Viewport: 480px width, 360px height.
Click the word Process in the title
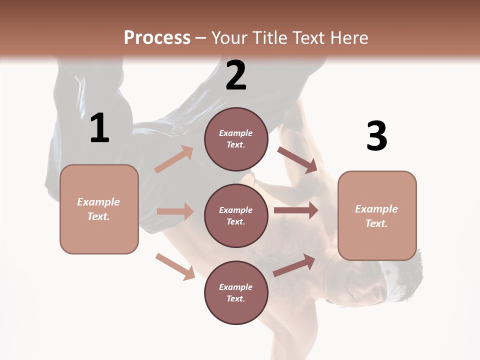[157, 37]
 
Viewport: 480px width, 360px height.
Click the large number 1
[99, 128]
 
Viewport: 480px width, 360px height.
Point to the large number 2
[236, 75]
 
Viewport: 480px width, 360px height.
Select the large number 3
[376, 136]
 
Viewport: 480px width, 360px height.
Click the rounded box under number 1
[99, 209]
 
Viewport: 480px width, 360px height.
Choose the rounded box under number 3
[377, 216]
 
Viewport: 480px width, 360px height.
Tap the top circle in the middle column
[236, 139]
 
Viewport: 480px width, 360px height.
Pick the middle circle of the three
[236, 216]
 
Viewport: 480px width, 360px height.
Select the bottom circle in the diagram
[236, 293]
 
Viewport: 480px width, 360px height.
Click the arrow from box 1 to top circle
[174, 159]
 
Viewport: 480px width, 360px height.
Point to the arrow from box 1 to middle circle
[175, 211]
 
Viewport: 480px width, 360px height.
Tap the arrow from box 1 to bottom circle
[175, 266]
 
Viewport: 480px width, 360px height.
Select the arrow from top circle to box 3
[297, 159]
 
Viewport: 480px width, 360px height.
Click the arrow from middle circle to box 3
[296, 210]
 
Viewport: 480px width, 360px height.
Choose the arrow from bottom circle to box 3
[294, 266]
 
